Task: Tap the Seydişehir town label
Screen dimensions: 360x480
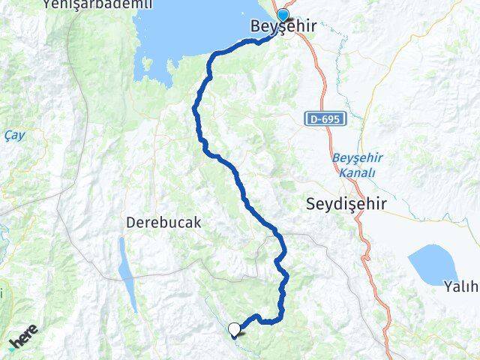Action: (346, 202)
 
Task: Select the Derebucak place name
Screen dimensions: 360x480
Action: (163, 223)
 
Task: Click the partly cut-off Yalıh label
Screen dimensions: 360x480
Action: (460, 286)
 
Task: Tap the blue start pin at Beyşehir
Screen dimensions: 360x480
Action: (283, 16)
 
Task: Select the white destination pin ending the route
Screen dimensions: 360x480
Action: (235, 328)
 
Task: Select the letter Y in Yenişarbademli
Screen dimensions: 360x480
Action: (47, 4)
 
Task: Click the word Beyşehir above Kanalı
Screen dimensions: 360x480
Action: (357, 159)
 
